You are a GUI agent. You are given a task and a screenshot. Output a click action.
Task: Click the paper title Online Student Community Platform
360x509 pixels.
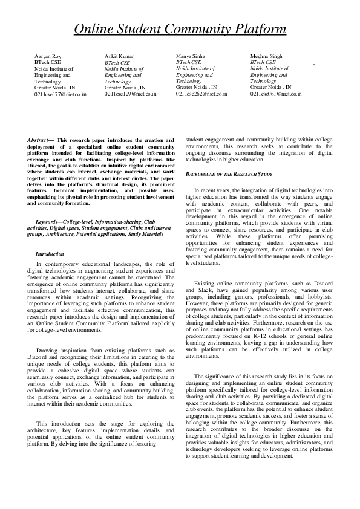click(180, 29)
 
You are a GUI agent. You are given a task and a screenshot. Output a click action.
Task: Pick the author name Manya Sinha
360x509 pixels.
click(191, 56)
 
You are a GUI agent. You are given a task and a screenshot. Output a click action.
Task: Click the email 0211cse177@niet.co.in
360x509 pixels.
click(61, 94)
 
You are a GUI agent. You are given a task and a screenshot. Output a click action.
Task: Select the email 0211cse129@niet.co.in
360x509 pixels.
click(130, 94)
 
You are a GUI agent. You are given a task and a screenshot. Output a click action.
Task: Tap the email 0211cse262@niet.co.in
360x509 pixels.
click(201, 94)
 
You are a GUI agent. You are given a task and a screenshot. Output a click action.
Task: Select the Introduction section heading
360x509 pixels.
click(50, 254)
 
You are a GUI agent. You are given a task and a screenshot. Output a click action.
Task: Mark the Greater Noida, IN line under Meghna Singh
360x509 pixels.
click(270, 87)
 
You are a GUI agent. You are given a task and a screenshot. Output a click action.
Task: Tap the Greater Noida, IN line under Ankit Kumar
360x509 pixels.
click(125, 87)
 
